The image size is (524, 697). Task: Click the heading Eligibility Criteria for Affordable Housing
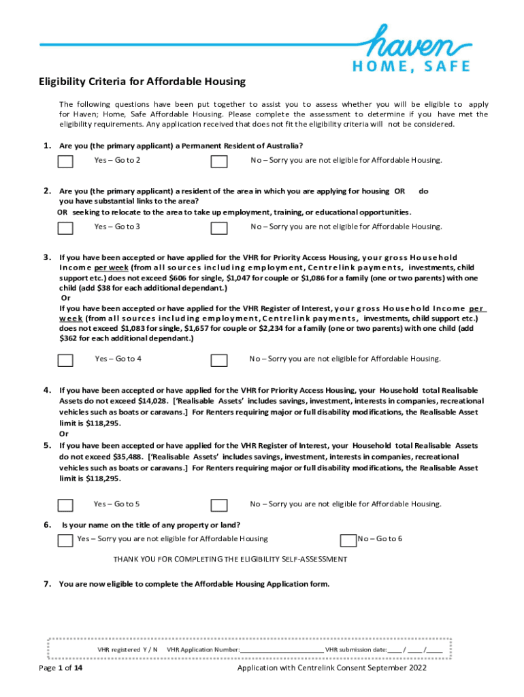pos(142,82)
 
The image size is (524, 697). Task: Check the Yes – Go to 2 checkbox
pos(65,161)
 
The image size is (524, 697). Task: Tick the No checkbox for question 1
pos(218,161)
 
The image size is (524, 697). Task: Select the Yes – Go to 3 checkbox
pos(65,228)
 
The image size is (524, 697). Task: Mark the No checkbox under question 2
pos(218,228)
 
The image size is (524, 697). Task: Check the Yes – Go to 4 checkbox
pos(65,360)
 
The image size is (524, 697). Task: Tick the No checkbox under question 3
pos(218,360)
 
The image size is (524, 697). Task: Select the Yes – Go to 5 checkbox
pos(65,505)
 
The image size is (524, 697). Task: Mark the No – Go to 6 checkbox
pos(348,540)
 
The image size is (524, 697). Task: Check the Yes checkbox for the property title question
pos(65,540)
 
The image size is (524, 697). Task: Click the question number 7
pos(47,583)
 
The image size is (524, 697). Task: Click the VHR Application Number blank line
pos(282,650)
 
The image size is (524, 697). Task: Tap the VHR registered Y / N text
pos(127,649)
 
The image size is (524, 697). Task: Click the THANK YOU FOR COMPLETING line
pos(230,559)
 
